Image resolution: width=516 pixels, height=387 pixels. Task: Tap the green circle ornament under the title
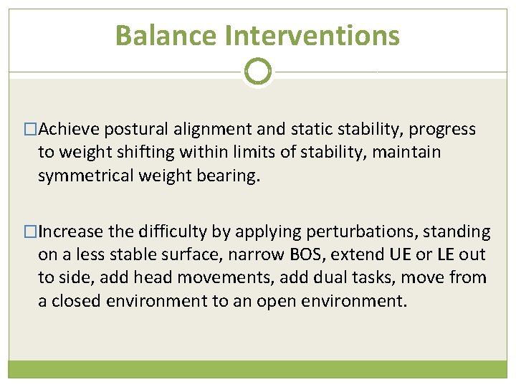tap(258, 72)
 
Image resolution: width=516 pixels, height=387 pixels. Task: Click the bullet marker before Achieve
tap(31, 130)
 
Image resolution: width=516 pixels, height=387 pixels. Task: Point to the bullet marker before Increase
tap(31, 232)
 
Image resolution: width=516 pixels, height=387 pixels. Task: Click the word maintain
tap(414, 153)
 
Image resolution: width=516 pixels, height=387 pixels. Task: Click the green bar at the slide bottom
tap(258, 369)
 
